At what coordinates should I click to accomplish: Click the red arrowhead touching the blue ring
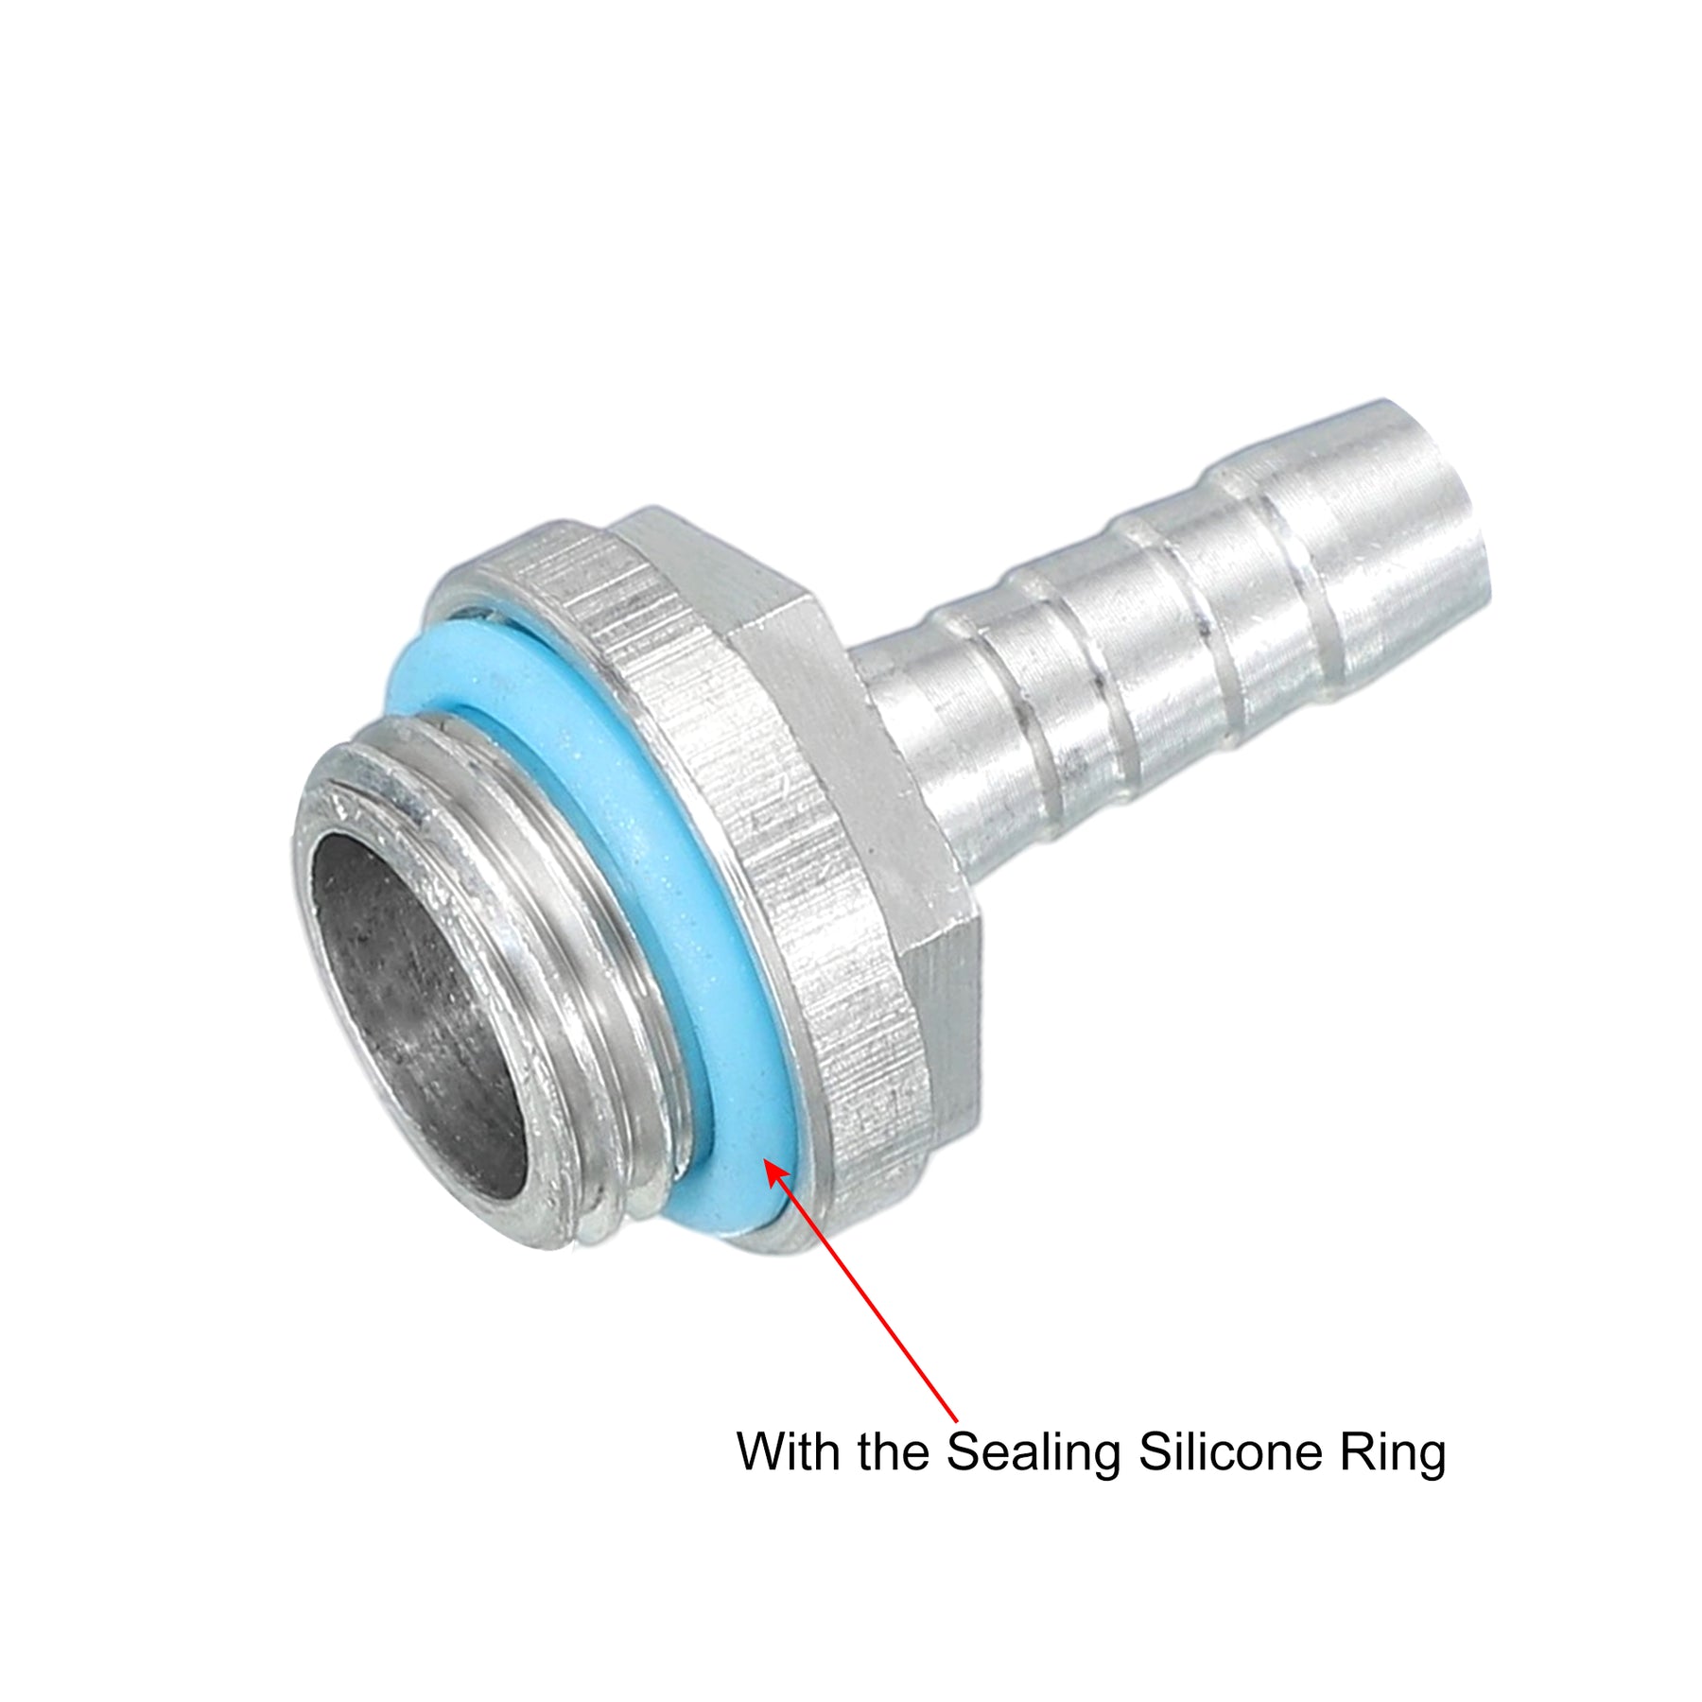tap(777, 1174)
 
